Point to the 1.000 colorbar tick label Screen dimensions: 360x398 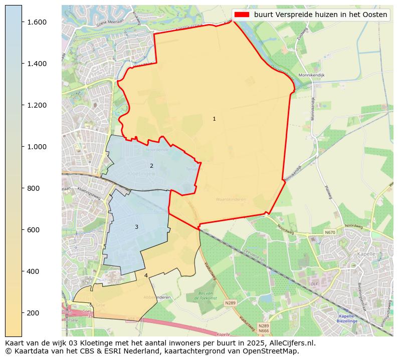coord(37,147)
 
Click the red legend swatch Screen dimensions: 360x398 coord(241,15)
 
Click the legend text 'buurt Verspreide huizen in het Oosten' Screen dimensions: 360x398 coord(320,15)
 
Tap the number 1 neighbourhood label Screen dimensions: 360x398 coord(214,119)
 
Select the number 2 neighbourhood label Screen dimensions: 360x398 coord(151,166)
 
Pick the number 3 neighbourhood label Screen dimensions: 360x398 coord(136,227)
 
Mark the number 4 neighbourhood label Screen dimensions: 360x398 coord(146,275)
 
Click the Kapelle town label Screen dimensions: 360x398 coord(366,254)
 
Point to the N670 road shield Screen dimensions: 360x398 coord(329,232)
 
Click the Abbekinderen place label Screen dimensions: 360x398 coord(157,297)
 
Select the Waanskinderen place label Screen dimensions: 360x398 coord(231,199)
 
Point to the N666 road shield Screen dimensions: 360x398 coord(264,330)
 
